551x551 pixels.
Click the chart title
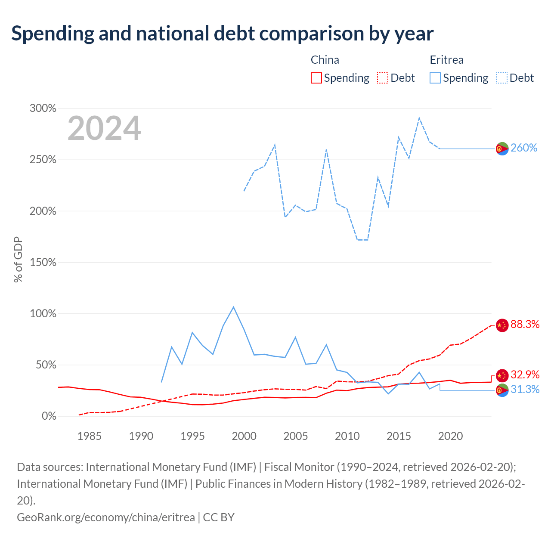click(x=222, y=34)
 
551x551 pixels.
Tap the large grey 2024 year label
click(x=104, y=128)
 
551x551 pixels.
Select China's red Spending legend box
click(x=316, y=78)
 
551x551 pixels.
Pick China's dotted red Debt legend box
click(x=382, y=78)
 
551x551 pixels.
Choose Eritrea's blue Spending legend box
click(x=435, y=78)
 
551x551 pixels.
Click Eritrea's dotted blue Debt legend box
click(x=501, y=78)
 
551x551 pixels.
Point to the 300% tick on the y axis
click(x=43, y=108)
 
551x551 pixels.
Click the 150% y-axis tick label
click(x=43, y=262)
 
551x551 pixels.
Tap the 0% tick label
click(x=49, y=416)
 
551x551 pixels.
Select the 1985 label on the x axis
click(x=89, y=436)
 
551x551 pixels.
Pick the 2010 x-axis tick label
click(x=347, y=436)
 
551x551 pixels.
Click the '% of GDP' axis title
click(x=18, y=259)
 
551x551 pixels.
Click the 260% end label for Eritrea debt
click(x=523, y=148)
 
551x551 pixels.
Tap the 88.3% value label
click(x=525, y=324)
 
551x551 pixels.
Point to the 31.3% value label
click(x=525, y=389)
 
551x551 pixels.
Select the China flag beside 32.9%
click(x=502, y=376)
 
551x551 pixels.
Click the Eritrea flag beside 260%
click(x=502, y=149)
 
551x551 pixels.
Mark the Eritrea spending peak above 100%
click(x=234, y=307)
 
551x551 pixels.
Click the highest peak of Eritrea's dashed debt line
click(x=419, y=118)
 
